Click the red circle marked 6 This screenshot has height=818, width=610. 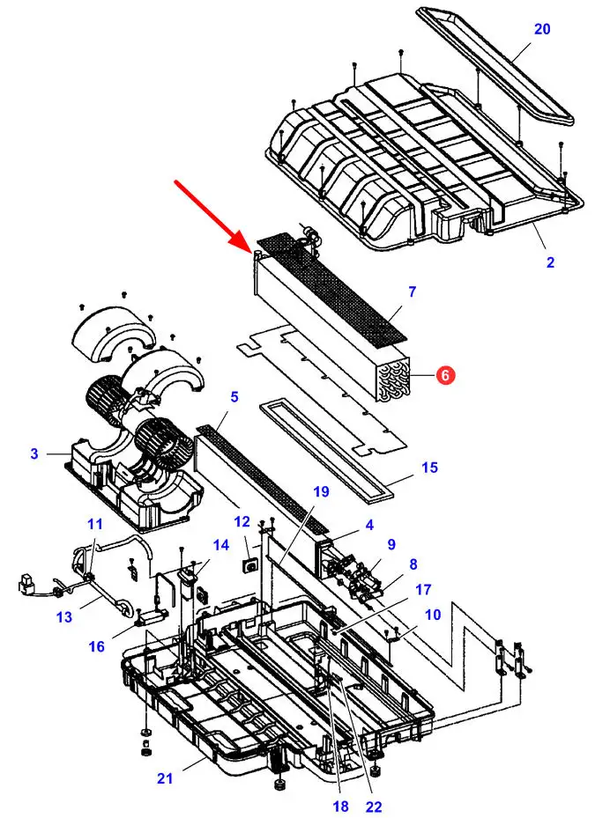pos(445,375)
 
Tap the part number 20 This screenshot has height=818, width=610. pos(542,29)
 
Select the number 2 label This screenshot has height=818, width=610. pos(550,262)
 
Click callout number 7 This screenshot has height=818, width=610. pos(412,291)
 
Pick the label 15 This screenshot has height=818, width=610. pos(429,467)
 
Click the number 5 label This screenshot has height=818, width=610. pos(234,396)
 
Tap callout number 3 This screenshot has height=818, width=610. pos(34,453)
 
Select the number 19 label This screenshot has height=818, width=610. pos(321,491)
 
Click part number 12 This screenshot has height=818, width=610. pos(242,521)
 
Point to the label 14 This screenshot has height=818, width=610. pos(221,545)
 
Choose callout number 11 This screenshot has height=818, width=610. pos(94,523)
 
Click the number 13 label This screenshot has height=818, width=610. pos(64,617)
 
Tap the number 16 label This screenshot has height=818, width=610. pos(97,647)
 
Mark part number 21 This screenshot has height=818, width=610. pos(165,778)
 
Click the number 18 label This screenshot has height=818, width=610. pos(340,807)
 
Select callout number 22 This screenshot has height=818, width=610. pos(374,807)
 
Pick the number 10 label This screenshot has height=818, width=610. pos(433,615)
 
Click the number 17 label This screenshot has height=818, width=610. pos(423,589)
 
